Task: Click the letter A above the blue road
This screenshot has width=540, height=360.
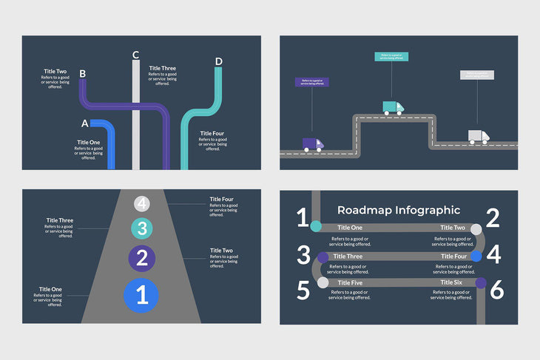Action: (84, 123)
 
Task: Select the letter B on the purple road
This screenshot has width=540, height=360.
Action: (82, 74)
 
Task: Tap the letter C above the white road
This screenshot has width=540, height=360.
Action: (135, 55)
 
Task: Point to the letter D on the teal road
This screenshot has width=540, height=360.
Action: (218, 61)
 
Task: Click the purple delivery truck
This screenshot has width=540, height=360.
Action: (313, 144)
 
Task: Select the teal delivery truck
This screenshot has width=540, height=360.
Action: (393, 107)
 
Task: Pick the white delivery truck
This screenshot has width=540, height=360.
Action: (479, 137)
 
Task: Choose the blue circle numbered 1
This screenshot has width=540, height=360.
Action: (144, 296)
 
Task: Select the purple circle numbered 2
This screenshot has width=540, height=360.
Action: (143, 258)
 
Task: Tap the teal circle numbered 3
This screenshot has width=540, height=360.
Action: (143, 228)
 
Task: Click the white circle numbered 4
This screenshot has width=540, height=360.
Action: (143, 204)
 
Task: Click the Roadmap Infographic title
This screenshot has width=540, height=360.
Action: (399, 211)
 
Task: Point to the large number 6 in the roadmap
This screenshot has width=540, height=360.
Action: (496, 290)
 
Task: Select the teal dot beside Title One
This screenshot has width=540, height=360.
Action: (316, 226)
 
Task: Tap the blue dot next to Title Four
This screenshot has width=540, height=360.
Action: (476, 256)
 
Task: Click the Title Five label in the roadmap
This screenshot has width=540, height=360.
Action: (349, 282)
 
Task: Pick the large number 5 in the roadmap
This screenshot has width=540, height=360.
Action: (303, 290)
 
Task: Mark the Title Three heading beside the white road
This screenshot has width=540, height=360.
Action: (162, 69)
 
